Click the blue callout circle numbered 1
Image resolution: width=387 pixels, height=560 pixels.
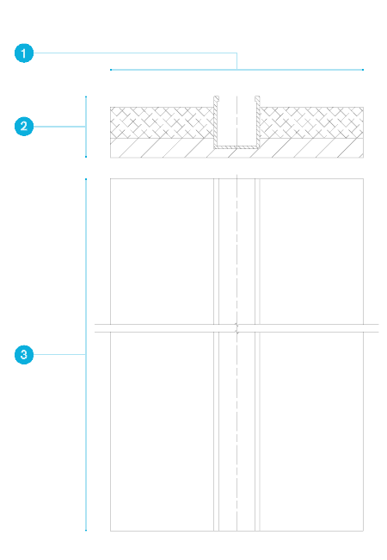click(24, 53)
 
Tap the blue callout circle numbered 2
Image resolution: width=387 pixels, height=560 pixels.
click(24, 127)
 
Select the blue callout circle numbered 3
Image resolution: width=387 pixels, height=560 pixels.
click(24, 355)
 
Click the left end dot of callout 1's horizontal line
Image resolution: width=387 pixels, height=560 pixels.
click(111, 70)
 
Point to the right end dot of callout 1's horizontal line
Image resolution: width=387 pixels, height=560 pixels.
click(363, 70)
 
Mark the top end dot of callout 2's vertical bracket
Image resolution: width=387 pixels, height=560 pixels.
click(86, 96)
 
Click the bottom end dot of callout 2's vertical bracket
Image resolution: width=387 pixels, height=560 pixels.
click(86, 157)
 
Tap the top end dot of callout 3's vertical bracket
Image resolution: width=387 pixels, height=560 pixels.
click(86, 179)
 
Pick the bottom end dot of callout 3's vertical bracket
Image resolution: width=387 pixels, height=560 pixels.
click(86, 530)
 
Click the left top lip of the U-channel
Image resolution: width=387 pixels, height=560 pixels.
click(217, 98)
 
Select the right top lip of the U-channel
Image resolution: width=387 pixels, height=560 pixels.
click(257, 98)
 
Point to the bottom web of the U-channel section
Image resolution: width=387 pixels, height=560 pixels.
click(236, 146)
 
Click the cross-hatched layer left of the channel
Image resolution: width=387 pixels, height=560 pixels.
click(162, 122)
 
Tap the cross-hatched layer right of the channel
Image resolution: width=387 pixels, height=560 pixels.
click(312, 122)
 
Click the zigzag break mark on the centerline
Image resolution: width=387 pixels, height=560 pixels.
click(236, 328)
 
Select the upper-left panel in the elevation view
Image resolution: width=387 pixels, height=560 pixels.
click(162, 252)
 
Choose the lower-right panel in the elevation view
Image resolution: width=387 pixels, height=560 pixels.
click(312, 432)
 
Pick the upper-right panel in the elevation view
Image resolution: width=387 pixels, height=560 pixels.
click(312, 252)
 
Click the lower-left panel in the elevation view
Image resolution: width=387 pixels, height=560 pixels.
click(162, 432)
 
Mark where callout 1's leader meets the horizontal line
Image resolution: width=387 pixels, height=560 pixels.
click(237, 70)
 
